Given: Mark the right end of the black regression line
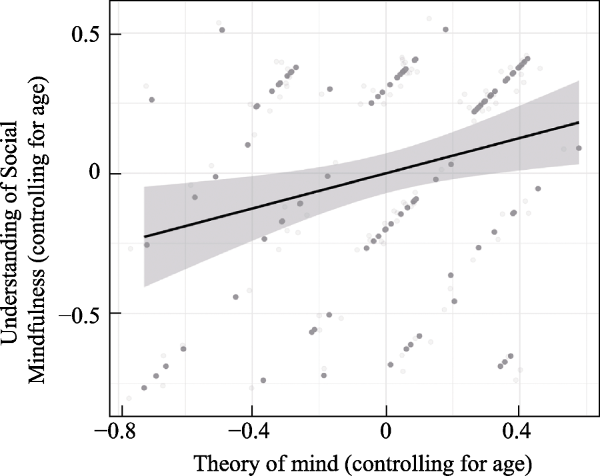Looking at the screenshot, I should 578,122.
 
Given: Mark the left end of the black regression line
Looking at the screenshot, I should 145,236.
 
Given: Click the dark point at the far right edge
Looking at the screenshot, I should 579,148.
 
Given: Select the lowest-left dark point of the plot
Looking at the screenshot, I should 144,387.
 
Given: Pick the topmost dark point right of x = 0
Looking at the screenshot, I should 445,29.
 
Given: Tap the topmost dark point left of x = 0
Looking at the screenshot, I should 222,30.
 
